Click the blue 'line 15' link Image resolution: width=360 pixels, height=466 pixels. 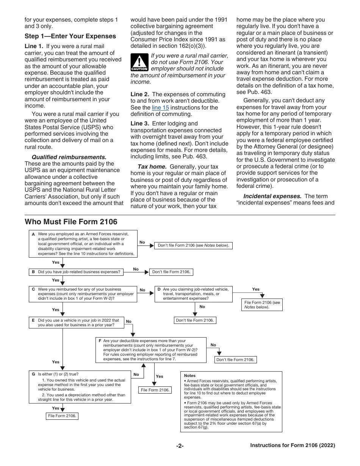point(160,108)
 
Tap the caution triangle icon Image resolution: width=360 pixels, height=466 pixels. point(139,62)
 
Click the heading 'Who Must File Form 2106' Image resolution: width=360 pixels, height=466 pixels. point(71,222)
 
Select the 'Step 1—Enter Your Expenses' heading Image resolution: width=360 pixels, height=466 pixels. point(70,36)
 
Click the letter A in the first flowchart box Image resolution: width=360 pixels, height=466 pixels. point(33,234)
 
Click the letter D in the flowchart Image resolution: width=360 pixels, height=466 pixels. point(159,289)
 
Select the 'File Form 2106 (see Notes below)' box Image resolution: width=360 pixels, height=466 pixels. point(262,305)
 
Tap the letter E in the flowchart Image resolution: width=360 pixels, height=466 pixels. point(33,321)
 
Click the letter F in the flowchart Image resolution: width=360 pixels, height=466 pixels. point(100,341)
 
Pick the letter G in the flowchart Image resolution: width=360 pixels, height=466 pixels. point(33,374)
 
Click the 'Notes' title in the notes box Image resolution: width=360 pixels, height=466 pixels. point(190,375)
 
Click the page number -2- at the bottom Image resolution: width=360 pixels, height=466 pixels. point(180,446)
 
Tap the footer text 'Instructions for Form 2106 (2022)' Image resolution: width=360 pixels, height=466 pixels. point(293,446)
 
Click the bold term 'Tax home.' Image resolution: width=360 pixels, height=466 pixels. point(152,167)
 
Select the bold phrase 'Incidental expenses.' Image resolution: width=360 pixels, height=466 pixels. point(272,196)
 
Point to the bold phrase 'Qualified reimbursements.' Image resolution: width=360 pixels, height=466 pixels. point(69,157)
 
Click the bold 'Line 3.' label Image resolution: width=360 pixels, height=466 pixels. point(140,124)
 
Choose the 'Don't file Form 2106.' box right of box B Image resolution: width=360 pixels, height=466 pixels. point(171,272)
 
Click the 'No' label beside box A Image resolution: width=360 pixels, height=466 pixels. point(142,242)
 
